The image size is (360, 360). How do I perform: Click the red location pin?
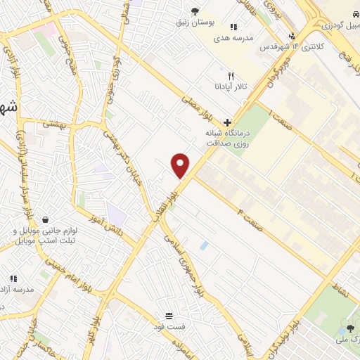pos(181,165)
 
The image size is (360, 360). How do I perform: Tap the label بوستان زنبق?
pos(195,22)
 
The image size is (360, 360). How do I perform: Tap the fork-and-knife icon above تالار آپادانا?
pos(230,76)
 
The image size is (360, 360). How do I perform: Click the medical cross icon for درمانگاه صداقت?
pos(226,122)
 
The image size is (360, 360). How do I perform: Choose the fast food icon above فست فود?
pos(168,316)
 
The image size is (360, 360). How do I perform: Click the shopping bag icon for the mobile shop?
pos(46,219)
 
